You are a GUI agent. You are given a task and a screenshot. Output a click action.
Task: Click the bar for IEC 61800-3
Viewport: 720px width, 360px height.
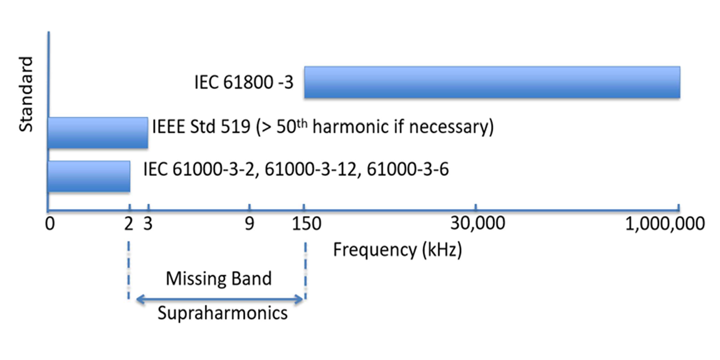[x=492, y=82]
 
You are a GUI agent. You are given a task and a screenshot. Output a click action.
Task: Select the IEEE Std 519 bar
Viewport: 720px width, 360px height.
[x=98, y=133]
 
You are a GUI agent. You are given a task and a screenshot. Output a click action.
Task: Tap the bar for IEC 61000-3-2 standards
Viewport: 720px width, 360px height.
[x=88, y=176]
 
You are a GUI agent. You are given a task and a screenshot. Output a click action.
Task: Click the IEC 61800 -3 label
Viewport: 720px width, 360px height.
[x=244, y=82]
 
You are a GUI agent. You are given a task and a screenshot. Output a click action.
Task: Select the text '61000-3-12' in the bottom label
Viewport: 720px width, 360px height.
[x=311, y=169]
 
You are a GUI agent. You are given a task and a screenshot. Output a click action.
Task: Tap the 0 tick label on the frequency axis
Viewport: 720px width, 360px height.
[x=50, y=224]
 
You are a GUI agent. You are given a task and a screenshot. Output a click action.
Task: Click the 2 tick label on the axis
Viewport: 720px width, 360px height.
[x=129, y=224]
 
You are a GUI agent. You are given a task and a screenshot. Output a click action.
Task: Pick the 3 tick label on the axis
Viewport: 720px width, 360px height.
[x=148, y=224]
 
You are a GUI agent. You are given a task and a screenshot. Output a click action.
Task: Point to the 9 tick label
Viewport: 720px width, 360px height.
[x=249, y=224]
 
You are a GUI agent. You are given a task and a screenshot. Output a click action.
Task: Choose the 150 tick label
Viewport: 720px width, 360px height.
[x=307, y=224]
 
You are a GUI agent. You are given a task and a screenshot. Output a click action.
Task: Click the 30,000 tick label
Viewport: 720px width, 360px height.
[x=478, y=223]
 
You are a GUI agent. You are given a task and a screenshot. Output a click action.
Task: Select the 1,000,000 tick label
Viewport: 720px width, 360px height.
[x=665, y=224]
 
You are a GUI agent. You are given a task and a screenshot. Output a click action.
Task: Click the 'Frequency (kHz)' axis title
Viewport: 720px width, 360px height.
[x=398, y=250]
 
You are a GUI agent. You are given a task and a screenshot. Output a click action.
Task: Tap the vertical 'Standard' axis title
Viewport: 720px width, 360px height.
[x=26, y=95]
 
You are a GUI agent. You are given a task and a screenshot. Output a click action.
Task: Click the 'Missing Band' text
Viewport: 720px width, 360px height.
[x=219, y=278]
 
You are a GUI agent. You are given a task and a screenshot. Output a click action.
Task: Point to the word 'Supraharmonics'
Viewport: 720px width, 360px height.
[x=222, y=313]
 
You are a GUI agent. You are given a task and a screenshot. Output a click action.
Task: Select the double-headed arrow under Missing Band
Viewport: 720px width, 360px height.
[x=220, y=300]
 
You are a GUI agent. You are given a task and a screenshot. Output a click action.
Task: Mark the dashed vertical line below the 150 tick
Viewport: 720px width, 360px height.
[x=305, y=271]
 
